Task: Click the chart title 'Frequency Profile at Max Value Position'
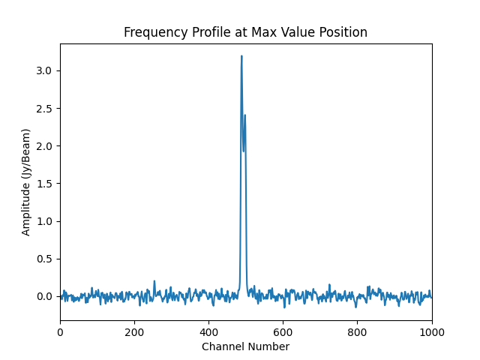245,32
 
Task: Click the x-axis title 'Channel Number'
245,346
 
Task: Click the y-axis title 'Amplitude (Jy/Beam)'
26,182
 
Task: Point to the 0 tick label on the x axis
60,332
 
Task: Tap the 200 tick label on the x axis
134,332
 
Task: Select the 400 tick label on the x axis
208,332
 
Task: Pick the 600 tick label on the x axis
283,332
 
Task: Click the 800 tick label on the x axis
357,332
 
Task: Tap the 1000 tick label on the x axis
431,332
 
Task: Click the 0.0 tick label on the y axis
43,296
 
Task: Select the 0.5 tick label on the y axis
43,259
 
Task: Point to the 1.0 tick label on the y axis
43,221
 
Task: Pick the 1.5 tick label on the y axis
43,184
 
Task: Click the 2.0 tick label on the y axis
43,145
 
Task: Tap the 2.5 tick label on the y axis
43,108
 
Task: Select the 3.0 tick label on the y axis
43,70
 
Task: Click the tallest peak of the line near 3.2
241,56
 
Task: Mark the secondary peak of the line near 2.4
244,115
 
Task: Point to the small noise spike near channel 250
154,281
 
